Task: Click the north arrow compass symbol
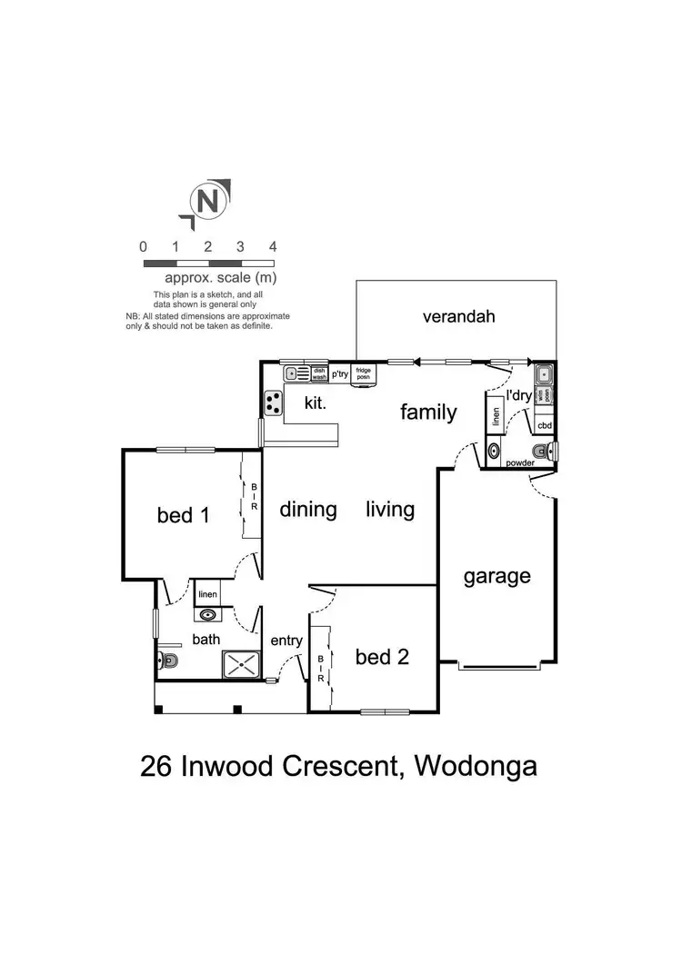point(207,203)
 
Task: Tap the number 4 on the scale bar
point(273,246)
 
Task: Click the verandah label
point(458,317)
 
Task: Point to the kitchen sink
point(296,373)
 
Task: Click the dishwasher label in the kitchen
point(319,373)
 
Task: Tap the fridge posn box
point(364,373)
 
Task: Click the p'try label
point(340,373)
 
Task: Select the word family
point(428,412)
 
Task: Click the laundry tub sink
point(544,373)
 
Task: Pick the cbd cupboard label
point(545,425)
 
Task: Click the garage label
point(496,576)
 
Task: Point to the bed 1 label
point(183,515)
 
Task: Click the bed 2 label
point(381,656)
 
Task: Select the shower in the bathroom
point(243,665)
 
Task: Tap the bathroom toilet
point(166,661)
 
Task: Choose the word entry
point(286,641)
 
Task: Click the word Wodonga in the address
point(475,766)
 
